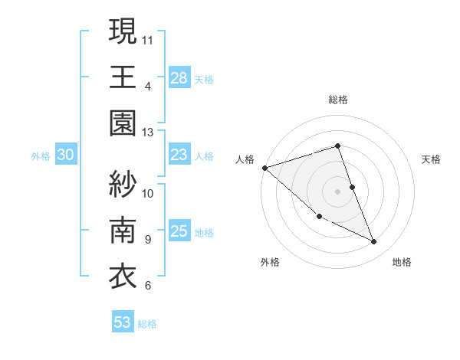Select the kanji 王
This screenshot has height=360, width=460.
(x=123, y=77)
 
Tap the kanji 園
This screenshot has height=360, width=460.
(x=123, y=125)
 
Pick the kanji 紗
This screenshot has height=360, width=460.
(x=123, y=183)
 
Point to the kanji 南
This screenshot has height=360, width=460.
(x=123, y=231)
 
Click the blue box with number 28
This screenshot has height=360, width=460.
(x=179, y=78)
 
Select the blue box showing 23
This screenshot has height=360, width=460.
(x=179, y=155)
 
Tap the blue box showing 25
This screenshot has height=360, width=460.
(x=179, y=232)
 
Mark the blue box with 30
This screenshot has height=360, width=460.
(x=65, y=155)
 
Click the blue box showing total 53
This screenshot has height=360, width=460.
(x=123, y=322)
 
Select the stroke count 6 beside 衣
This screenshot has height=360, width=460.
(x=148, y=286)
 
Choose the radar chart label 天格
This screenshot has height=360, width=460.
(x=432, y=159)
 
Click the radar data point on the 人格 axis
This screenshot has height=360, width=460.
(x=264, y=167)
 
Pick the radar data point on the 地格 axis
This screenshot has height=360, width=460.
(x=374, y=242)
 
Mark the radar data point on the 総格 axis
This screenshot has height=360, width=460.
(x=337, y=146)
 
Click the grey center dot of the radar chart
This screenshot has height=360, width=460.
(x=337, y=191)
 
